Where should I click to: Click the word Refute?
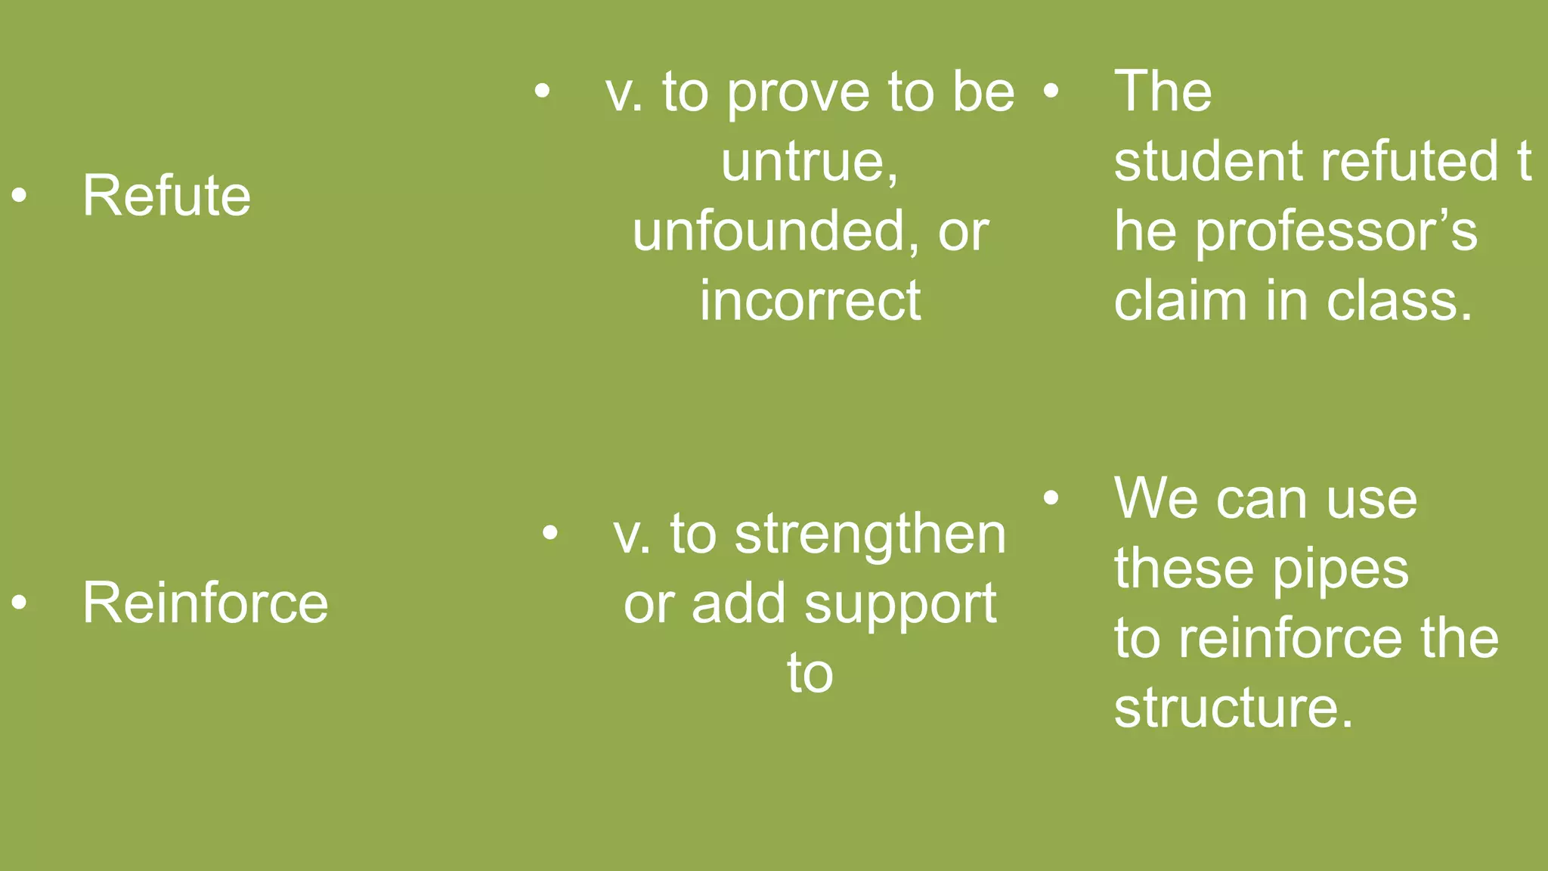coord(166,196)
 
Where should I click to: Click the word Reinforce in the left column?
coord(205,603)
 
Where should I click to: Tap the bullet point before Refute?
coord(20,196)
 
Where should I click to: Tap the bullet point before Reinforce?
coord(20,603)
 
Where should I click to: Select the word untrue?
coord(809,162)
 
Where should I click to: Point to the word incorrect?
coord(810,301)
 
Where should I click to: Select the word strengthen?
coord(870,535)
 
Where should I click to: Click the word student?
coord(1208,162)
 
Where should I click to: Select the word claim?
coord(1180,301)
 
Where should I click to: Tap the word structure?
coord(1233,708)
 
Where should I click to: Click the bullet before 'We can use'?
coord(1051,498)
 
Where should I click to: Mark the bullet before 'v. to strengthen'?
coord(550,534)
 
